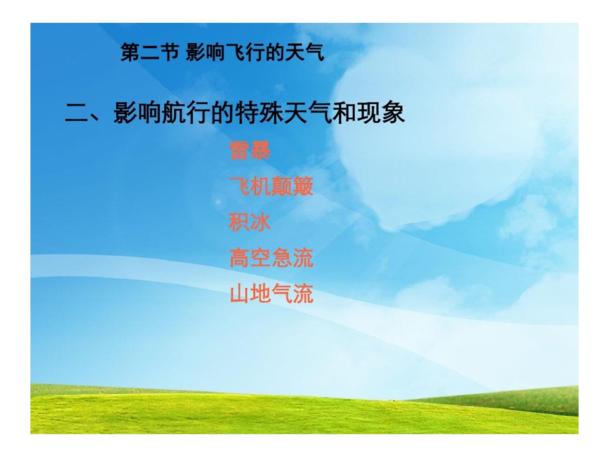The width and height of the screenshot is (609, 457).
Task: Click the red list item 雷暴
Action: (x=250, y=150)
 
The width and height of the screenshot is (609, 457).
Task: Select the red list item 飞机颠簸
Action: (x=271, y=186)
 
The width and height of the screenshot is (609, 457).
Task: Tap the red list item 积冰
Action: (x=249, y=222)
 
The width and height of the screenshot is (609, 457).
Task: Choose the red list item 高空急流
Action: (x=271, y=258)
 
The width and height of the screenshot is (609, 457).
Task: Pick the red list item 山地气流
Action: (x=272, y=294)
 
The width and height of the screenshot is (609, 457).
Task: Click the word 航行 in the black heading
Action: (x=186, y=113)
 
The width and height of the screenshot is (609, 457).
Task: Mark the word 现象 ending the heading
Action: (x=381, y=113)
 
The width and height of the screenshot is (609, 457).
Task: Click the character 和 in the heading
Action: (x=344, y=113)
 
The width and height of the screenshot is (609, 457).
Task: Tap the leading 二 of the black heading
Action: (x=76, y=113)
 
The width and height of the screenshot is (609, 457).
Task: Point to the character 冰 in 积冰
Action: (x=260, y=222)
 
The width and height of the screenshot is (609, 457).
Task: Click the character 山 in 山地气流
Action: (x=239, y=294)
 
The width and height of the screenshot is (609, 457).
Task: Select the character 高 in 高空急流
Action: (x=239, y=258)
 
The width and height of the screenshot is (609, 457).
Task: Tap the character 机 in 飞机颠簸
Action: (x=261, y=186)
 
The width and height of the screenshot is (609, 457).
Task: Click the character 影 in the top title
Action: (x=195, y=53)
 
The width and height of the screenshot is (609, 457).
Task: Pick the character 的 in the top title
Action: (x=275, y=53)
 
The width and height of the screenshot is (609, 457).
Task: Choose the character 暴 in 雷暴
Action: (x=260, y=150)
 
